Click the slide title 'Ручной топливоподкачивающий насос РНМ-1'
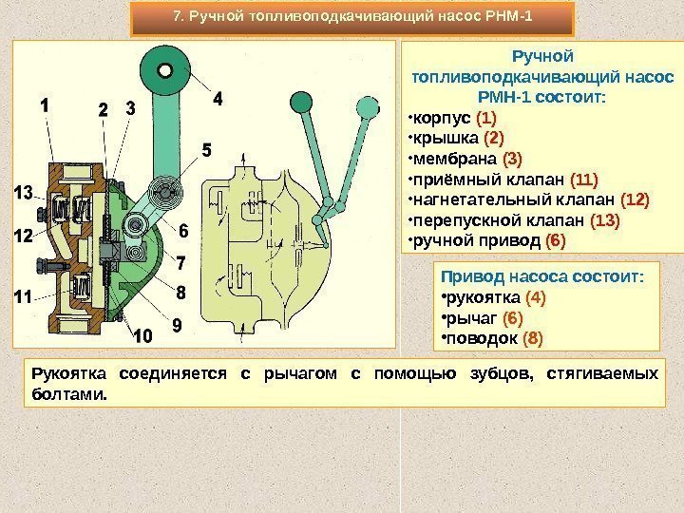351,16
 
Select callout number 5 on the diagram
205,150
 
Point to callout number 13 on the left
22,194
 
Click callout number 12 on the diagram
22,234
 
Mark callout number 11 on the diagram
22,296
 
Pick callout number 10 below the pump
142,336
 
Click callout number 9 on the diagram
176,326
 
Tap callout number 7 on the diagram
181,260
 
